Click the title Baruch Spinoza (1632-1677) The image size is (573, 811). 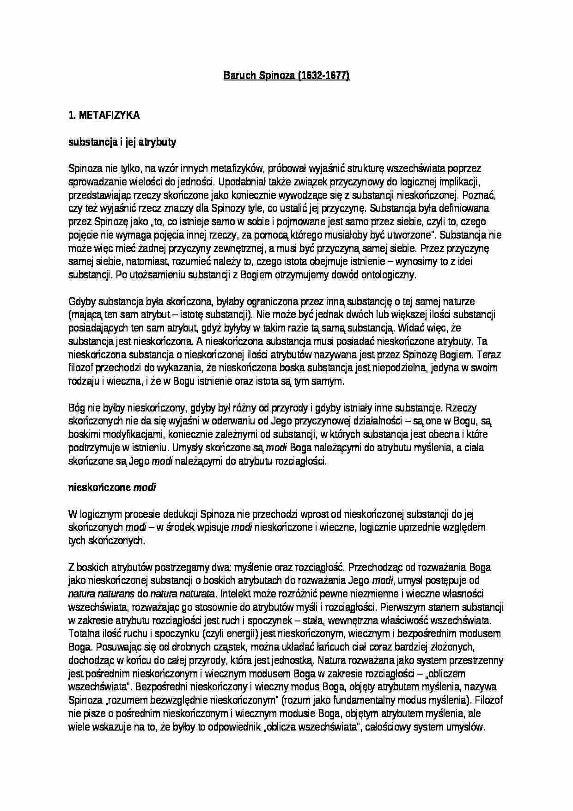(286, 76)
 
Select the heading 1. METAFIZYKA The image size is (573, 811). (104, 116)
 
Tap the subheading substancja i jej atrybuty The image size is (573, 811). (122, 142)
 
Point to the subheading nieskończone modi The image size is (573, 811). (112, 487)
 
